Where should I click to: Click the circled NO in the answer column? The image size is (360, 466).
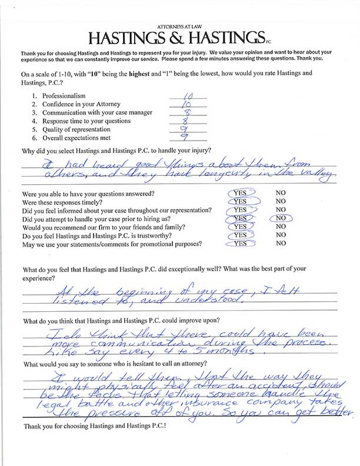[x=281, y=218]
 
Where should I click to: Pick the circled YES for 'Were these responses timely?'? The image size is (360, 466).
[x=239, y=201]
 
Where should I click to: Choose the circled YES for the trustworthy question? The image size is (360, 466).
[x=239, y=235]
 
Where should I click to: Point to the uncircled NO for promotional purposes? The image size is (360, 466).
[x=281, y=243]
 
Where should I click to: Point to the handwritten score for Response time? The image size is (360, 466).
[x=181, y=120]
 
